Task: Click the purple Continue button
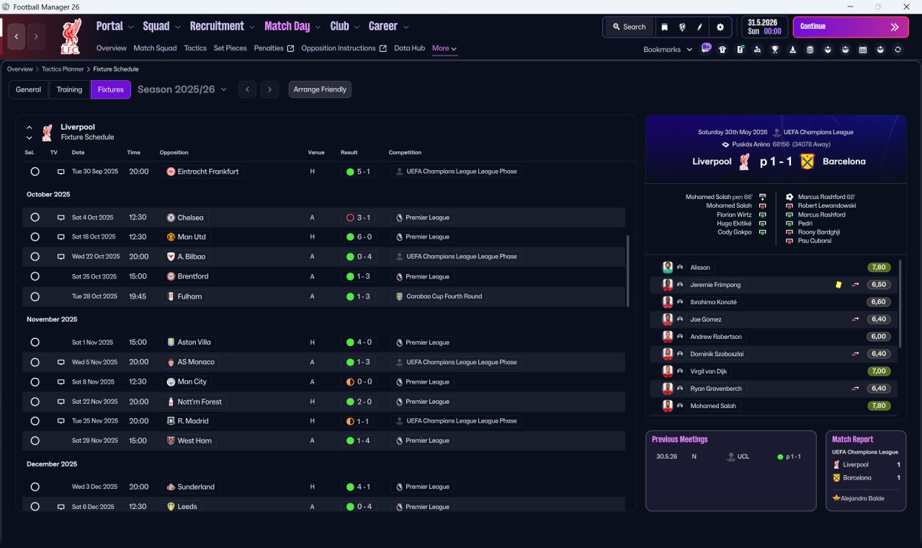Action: click(x=851, y=27)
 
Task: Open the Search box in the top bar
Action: click(x=630, y=27)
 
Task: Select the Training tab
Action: click(x=69, y=89)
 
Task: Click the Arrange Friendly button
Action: click(x=320, y=89)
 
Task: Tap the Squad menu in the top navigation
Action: click(x=156, y=27)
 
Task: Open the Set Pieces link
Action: click(x=230, y=48)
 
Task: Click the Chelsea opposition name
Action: click(x=190, y=218)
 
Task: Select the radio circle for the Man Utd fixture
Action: click(x=35, y=237)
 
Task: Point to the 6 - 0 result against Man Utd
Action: click(x=364, y=237)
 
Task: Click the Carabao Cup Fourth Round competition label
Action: click(x=444, y=296)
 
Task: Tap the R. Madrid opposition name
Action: click(x=193, y=421)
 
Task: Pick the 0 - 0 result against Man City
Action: click(x=364, y=382)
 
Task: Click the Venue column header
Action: click(x=316, y=152)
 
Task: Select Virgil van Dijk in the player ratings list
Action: click(x=708, y=371)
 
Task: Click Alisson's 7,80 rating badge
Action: click(x=879, y=268)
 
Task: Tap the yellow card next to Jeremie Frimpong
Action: click(x=838, y=285)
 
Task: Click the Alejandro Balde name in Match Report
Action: click(x=862, y=498)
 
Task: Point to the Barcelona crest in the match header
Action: click(x=807, y=162)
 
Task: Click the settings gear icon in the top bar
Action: click(x=720, y=27)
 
